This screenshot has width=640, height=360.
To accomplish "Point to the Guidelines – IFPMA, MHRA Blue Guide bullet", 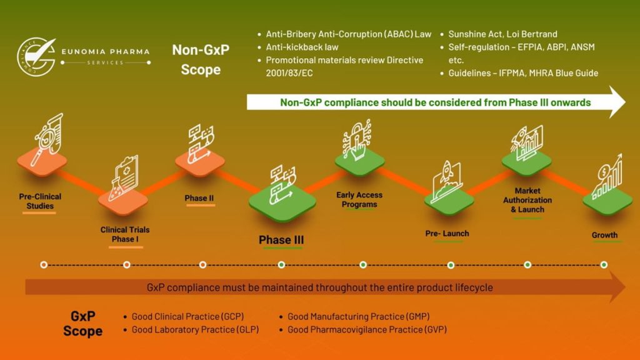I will tap(523, 73).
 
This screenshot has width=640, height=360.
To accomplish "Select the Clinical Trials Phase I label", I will tap(125, 234).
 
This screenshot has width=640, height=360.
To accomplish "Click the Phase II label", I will tap(199, 199).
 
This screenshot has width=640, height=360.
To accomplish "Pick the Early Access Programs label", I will tap(359, 199).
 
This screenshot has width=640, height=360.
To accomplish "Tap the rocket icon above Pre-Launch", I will tap(447, 176).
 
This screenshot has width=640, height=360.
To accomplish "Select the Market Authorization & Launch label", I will tap(527, 200).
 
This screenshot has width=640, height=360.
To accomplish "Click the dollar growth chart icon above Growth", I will tap(606, 177).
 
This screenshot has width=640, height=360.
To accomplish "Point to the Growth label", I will tap(604, 236).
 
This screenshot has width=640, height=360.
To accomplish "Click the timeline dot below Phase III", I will tap(281, 265).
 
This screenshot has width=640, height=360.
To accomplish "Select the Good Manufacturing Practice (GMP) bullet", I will tap(358, 317).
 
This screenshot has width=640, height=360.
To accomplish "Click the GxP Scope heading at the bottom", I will tap(82, 323).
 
